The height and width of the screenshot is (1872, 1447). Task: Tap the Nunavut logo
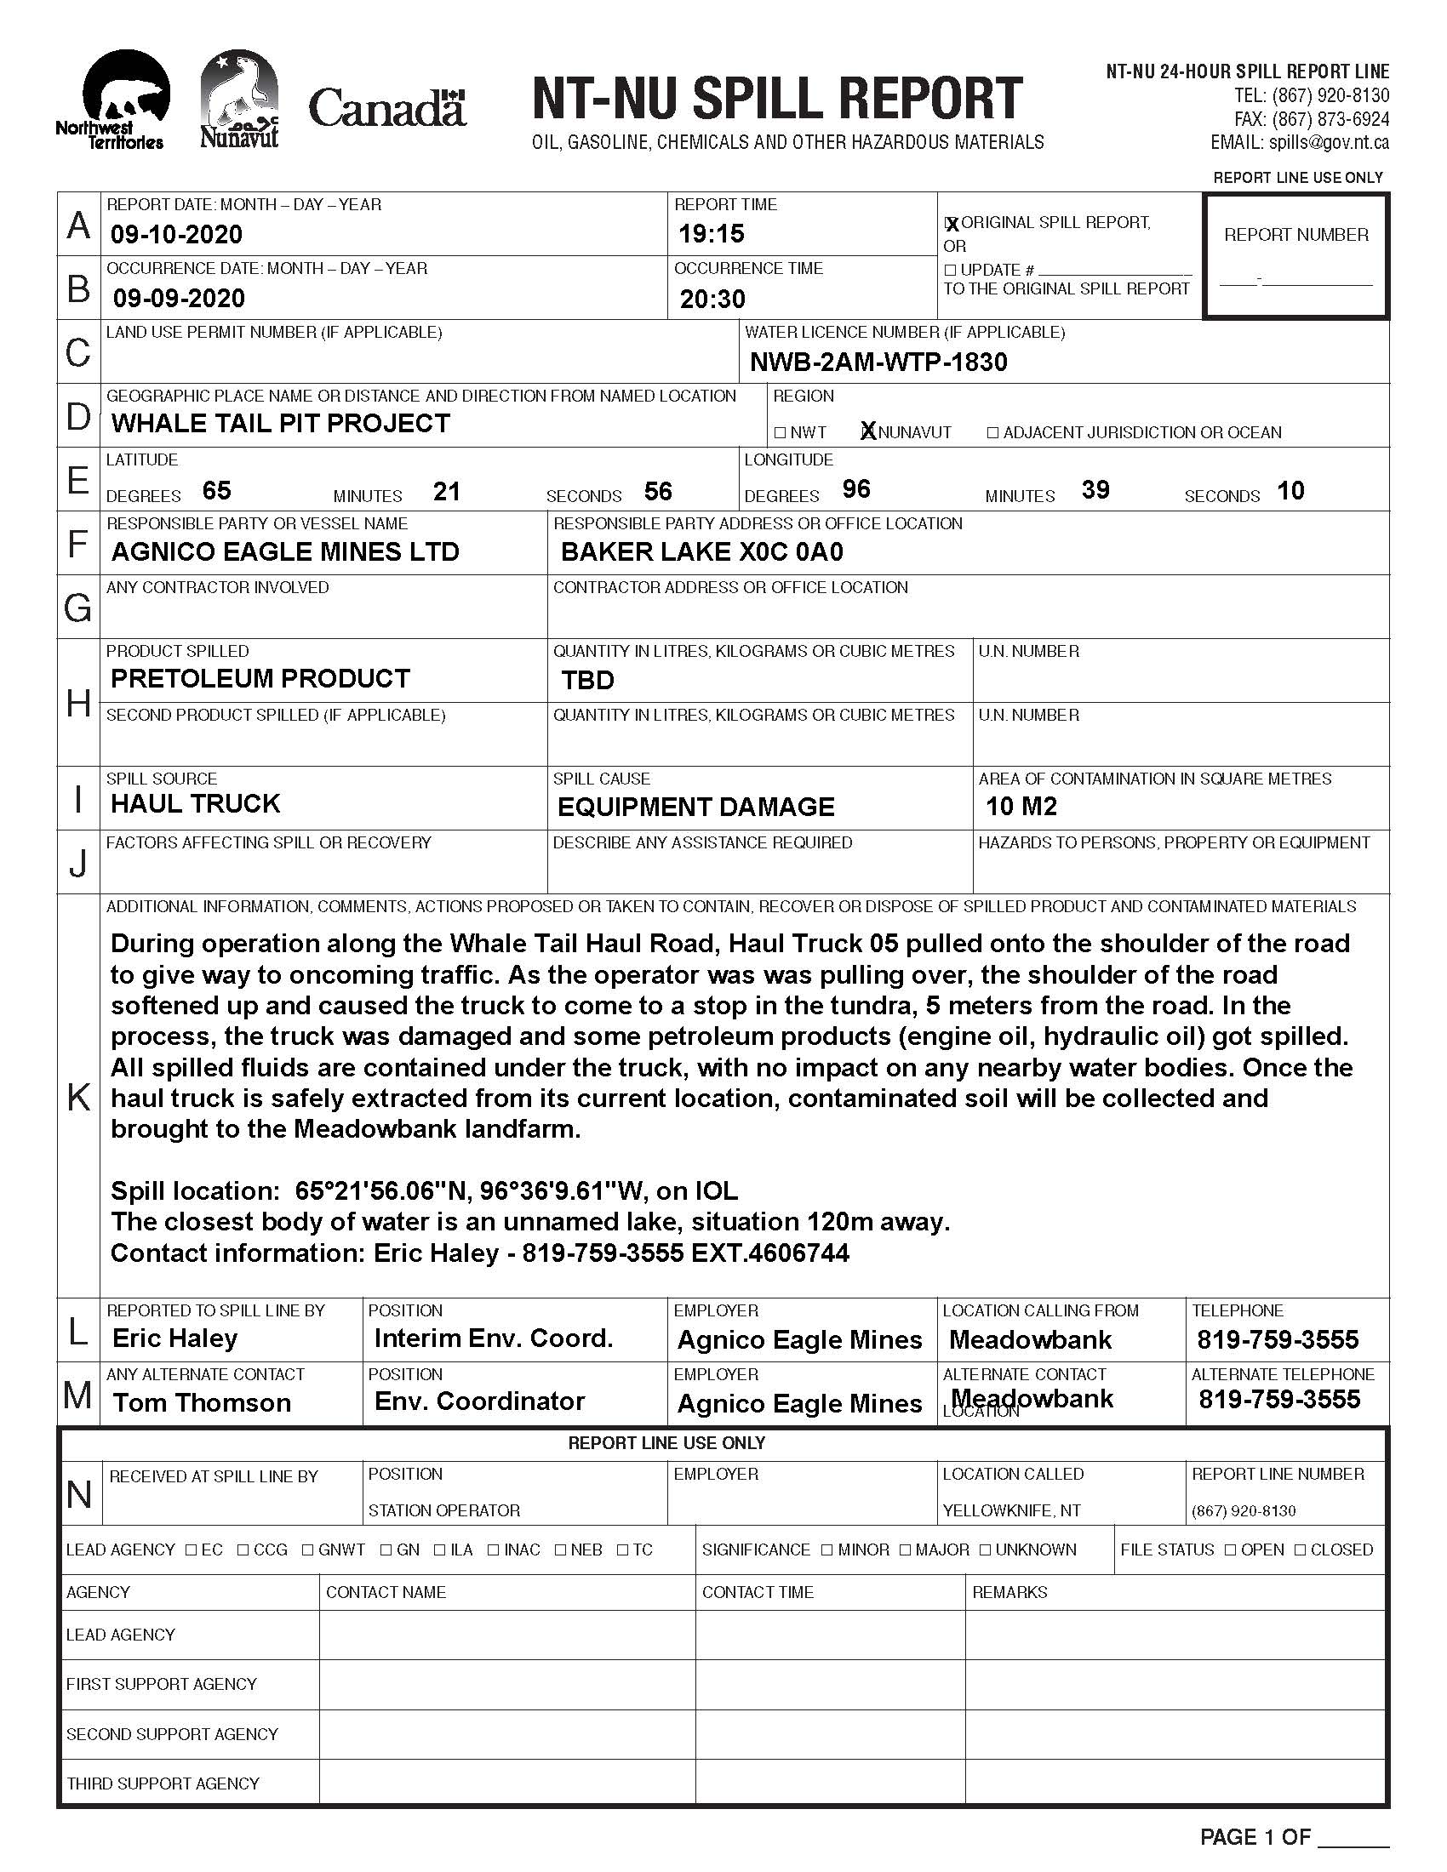pos(239,99)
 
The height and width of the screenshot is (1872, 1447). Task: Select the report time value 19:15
pos(712,234)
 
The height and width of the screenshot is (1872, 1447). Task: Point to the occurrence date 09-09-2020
pos(179,299)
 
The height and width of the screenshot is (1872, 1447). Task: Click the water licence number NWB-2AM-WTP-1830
pos(878,362)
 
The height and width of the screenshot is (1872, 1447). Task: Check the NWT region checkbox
pos(780,433)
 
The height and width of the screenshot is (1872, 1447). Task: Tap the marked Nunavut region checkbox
pos(868,432)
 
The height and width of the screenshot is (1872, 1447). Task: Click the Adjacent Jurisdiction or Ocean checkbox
pos(992,433)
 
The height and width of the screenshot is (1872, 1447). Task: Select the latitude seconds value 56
pos(658,492)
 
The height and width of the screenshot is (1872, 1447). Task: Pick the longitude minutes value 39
pos(1095,490)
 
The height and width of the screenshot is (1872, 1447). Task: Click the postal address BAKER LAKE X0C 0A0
pos(702,552)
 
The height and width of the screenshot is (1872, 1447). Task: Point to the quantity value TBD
pos(588,681)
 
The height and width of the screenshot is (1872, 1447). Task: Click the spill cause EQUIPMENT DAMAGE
pos(696,808)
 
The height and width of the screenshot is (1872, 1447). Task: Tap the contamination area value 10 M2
pos(1021,807)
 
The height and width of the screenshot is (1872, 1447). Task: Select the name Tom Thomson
pos(203,1403)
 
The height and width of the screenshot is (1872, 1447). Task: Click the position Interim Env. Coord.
pos(494,1338)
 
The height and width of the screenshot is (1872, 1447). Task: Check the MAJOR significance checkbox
pos(906,1550)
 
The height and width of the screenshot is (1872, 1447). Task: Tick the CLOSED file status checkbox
pos(1301,1550)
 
